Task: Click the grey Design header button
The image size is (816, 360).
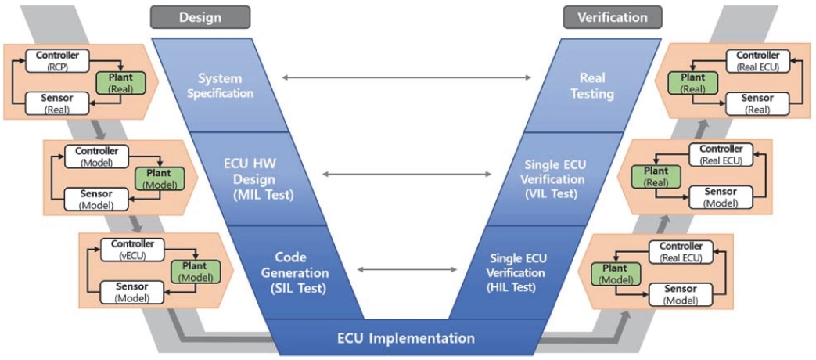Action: (200, 16)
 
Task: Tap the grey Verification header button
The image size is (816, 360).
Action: (613, 16)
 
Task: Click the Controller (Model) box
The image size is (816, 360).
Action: (96, 155)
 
